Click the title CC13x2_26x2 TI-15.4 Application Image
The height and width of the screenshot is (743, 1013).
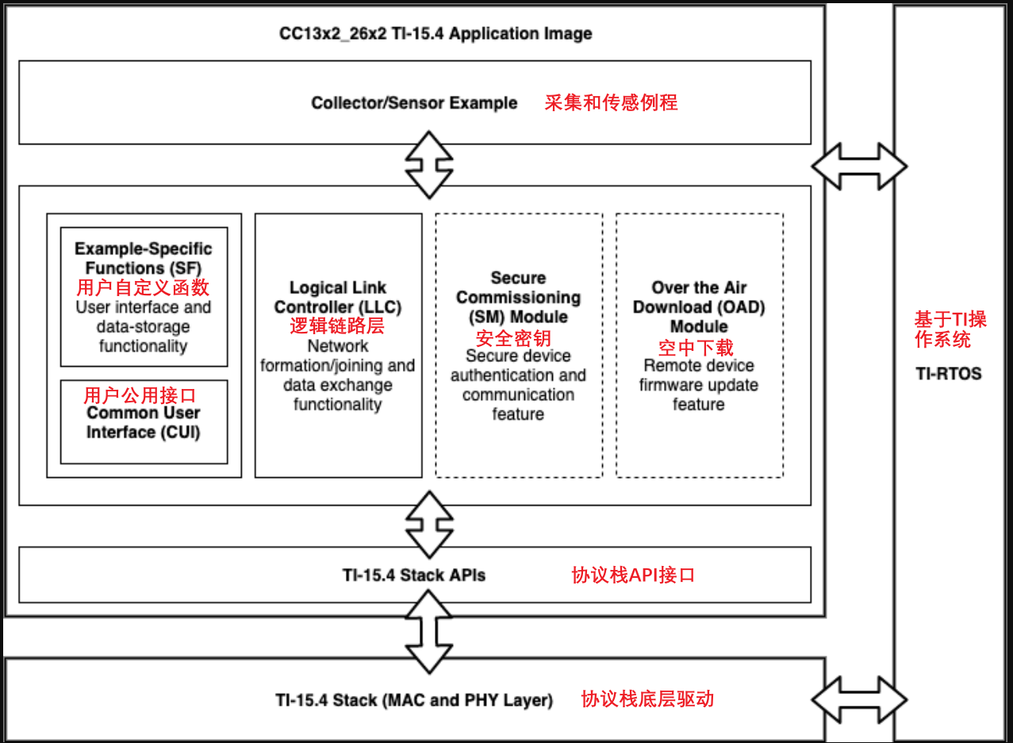436,34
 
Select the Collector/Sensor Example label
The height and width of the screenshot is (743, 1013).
414,103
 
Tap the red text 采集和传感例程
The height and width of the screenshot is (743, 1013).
611,102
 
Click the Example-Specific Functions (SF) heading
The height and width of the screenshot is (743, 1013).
144,259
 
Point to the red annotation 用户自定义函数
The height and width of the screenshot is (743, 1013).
144,287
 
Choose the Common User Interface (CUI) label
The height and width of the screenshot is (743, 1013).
144,422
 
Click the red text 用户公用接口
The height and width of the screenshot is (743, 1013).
140,395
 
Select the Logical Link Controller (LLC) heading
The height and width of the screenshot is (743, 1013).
338,297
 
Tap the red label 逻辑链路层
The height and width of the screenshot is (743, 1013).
337,326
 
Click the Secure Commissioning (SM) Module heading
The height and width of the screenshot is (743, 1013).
518,297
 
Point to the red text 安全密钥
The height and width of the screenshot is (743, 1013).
513,337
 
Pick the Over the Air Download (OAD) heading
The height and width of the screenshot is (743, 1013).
699,306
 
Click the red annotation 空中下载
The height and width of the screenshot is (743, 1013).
696,347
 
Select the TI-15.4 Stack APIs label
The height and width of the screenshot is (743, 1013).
413,575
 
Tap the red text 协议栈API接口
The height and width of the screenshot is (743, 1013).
633,575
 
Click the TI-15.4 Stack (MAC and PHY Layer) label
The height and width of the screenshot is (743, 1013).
414,700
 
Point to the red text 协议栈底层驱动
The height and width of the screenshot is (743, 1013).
647,699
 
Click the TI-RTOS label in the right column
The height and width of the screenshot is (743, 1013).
949,373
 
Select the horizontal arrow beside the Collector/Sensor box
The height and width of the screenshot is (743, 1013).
859,166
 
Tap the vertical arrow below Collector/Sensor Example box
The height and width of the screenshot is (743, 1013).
429,165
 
